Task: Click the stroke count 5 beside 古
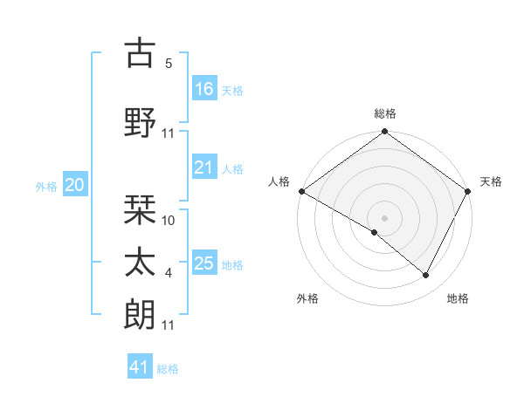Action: pos(169,64)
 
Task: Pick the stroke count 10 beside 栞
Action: pos(169,221)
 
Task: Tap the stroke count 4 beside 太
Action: pos(169,273)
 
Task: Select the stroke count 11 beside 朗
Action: pos(169,325)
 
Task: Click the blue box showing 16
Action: pos(204,88)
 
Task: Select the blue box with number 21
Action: pos(204,167)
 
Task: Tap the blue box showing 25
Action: pos(204,263)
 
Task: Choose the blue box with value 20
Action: pos(75,185)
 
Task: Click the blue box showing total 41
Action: pos(141,367)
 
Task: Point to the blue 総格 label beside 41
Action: pos(168,369)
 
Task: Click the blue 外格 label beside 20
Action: pos(46,186)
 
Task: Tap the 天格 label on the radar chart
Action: pos(491,181)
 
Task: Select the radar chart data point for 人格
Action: pos(301,191)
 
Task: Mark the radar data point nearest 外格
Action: pos(375,232)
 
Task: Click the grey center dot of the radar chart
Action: pos(384,217)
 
